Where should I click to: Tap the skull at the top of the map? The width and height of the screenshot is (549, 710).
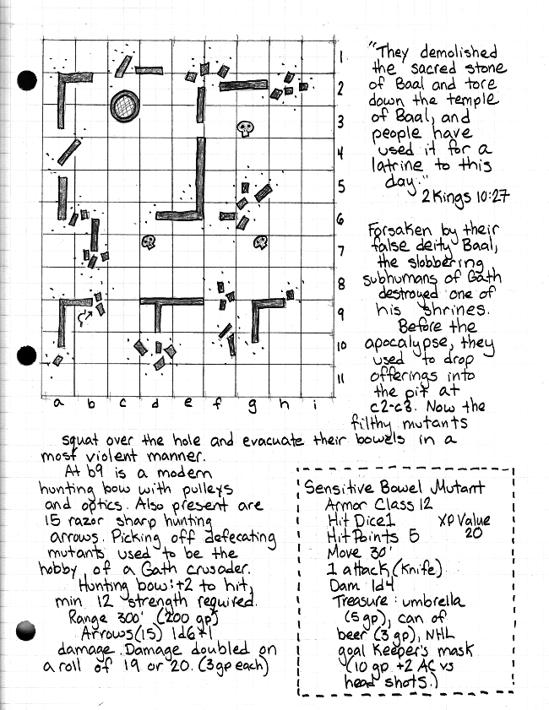[245, 128]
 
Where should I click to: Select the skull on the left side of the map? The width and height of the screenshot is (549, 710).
[149, 242]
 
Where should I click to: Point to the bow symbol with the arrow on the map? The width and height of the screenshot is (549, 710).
[84, 317]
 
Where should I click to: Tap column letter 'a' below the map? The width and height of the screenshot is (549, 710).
[58, 403]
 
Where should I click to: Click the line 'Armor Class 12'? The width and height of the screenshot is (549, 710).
[374, 505]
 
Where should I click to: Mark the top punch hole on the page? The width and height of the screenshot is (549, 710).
[28, 80]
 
